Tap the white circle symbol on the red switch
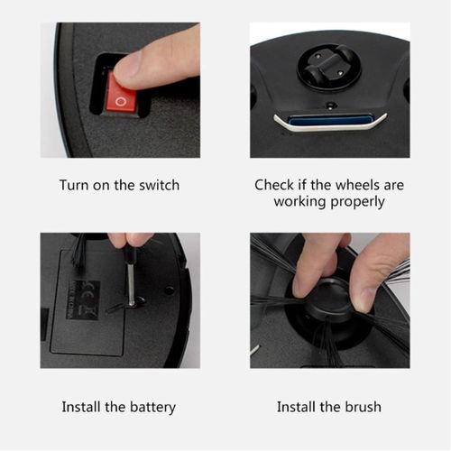(121, 101)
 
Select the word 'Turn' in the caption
(74, 185)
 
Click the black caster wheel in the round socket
(327, 66)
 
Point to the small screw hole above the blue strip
(331, 106)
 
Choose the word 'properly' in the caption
(357, 202)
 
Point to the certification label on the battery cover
(83, 300)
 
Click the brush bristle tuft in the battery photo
(79, 251)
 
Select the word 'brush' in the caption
(363, 407)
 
